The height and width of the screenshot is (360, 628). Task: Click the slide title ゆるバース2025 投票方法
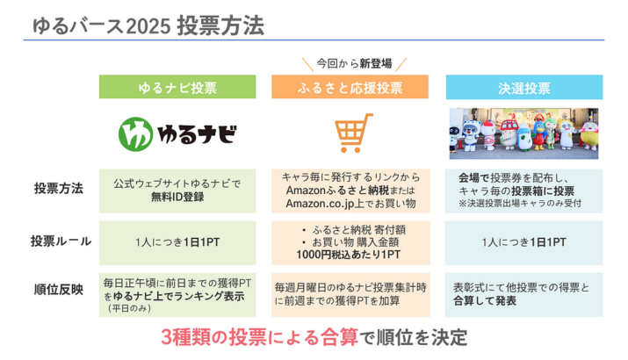tap(148, 26)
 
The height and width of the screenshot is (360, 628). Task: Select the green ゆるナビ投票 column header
tap(177, 87)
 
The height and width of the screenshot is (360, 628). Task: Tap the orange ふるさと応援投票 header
tap(350, 87)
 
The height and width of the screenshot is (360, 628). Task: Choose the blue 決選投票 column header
tap(524, 87)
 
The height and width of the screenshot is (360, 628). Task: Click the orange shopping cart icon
tap(352, 133)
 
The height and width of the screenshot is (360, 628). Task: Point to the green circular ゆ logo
tap(135, 133)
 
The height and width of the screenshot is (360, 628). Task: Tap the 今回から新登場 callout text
tap(354, 63)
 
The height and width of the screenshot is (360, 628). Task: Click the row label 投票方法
tap(59, 188)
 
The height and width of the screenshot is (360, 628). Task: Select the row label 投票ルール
tap(61, 241)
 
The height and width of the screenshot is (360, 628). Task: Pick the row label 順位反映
tap(59, 289)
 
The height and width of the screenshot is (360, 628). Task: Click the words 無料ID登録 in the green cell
tap(177, 197)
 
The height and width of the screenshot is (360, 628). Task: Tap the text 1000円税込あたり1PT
tap(348, 255)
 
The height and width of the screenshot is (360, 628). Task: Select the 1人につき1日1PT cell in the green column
tap(177, 242)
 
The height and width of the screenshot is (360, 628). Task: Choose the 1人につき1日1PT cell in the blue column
tap(523, 242)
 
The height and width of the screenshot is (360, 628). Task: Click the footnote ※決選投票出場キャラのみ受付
tap(520, 204)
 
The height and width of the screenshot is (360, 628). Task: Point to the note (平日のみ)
tap(129, 308)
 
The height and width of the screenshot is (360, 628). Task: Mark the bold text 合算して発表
tap(485, 301)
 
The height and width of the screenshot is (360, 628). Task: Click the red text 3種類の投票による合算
tap(259, 337)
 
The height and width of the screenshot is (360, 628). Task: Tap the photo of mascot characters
tap(523, 133)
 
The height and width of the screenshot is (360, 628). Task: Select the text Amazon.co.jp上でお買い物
tap(350, 204)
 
